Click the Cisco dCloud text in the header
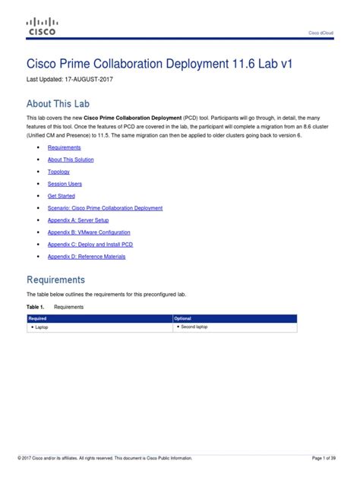(x=320, y=33)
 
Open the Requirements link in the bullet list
(x=63, y=147)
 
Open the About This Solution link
(x=71, y=159)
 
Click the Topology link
(x=58, y=172)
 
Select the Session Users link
(x=65, y=184)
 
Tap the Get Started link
(x=62, y=196)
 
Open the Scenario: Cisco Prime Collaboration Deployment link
(x=105, y=208)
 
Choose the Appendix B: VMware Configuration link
(x=89, y=232)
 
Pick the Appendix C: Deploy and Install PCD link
(x=91, y=245)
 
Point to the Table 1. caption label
(x=36, y=307)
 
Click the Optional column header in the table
(x=183, y=318)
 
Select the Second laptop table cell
(x=194, y=327)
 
